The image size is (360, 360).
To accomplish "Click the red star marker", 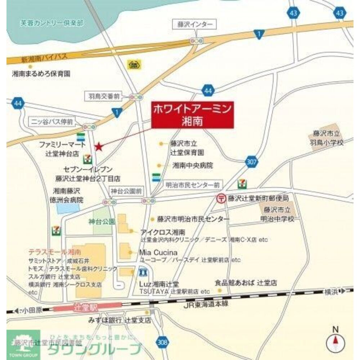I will (x=98, y=147).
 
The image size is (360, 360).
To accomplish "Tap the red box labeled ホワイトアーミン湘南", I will (x=193, y=114).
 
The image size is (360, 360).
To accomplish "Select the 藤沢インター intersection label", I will (x=195, y=24).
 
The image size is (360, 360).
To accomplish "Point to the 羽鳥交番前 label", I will (x=104, y=96).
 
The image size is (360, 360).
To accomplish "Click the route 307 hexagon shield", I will (x=252, y=162).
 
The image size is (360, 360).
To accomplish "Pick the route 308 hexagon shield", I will (x=163, y=342).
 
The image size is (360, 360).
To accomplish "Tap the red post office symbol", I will (x=220, y=198).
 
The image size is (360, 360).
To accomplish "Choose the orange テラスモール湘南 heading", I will (x=55, y=252).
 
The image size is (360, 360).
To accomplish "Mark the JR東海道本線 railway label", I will (x=206, y=305).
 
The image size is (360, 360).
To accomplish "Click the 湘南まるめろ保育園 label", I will (x=41, y=73).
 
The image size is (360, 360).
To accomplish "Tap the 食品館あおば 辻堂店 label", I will (x=246, y=283).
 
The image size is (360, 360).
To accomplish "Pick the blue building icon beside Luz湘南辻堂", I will (x=143, y=271).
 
